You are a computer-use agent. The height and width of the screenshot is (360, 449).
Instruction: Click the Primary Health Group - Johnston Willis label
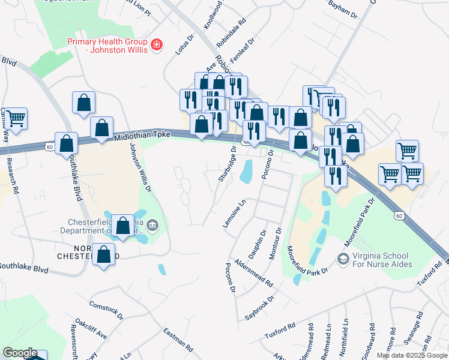[x=107, y=46]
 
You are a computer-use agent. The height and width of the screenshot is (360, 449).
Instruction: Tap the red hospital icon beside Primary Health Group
[x=157, y=45]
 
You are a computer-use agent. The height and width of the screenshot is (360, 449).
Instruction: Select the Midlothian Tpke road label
[x=142, y=138]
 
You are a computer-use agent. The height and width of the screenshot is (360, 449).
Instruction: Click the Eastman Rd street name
[x=178, y=340]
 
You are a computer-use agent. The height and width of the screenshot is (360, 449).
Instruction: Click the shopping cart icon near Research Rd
[x=16, y=118]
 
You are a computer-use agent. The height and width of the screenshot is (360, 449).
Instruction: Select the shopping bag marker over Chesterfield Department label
[x=123, y=226]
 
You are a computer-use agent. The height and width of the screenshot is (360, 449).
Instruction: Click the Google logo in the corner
[x=20, y=353]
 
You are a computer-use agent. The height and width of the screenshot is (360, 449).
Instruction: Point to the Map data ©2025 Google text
[x=411, y=355]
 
